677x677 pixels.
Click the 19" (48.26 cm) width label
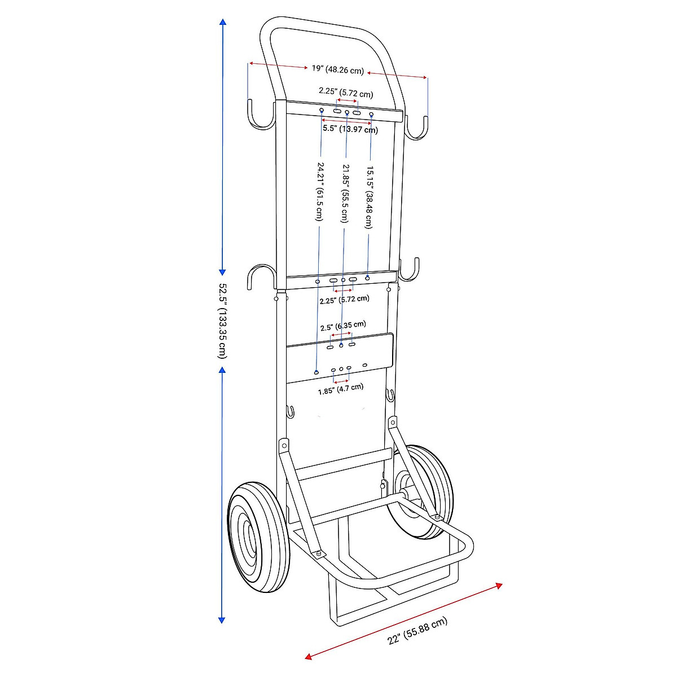pos(337,70)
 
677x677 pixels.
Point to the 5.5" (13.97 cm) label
pos(350,129)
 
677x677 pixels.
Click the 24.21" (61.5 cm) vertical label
pos(320,192)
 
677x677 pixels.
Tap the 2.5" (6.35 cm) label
pos(342,326)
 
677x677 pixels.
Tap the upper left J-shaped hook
pos(260,116)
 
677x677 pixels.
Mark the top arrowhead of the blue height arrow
pos(223,23)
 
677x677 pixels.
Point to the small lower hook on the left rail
pos(290,412)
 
